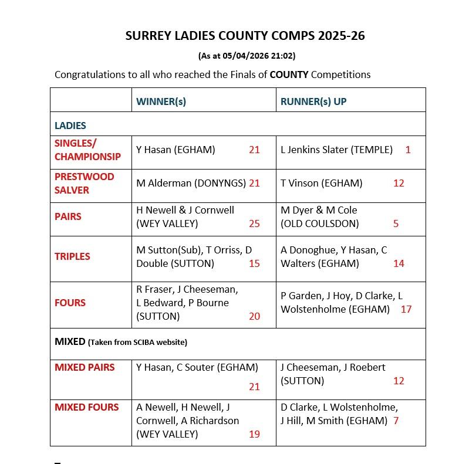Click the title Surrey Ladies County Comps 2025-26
[245, 36]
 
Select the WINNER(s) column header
[161, 101]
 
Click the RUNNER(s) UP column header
[313, 101]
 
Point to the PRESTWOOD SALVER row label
[84, 183]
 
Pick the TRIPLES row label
[72, 256]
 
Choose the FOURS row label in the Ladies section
[70, 303]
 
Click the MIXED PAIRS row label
[85, 367]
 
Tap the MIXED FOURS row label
[86, 407]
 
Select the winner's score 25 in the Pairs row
[254, 223]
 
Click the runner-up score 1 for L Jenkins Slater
[408, 150]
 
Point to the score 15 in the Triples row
[254, 263]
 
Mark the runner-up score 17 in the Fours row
[406, 309]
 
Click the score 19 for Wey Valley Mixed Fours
[254, 434]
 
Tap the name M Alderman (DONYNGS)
[191, 183]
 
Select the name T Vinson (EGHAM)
[321, 183]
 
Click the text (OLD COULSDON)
[319, 223]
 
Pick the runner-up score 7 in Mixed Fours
[396, 421]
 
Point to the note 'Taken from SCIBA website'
[138, 342]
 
